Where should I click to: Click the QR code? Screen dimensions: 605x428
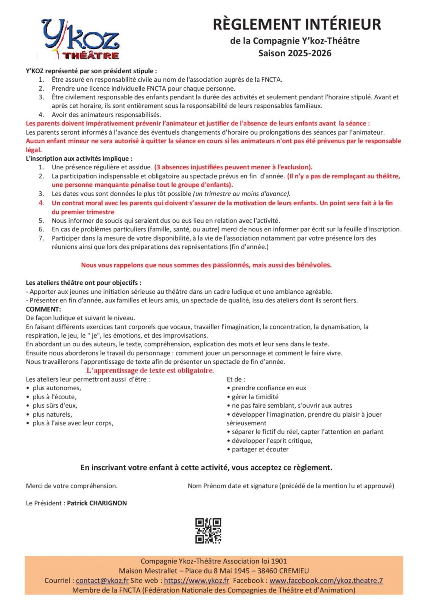[x=208, y=531]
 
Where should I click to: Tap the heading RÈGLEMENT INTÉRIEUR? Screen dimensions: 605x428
[x=297, y=24]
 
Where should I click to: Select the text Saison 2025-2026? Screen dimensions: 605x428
[x=295, y=53]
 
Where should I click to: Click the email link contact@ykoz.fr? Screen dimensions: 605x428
[x=102, y=580]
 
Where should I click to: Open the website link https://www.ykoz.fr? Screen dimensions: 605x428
[x=196, y=580]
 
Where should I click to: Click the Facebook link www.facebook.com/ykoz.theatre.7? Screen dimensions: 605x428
[x=326, y=580]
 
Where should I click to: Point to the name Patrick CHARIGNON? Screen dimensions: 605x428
[x=97, y=503]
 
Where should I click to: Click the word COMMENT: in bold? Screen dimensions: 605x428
[x=43, y=309]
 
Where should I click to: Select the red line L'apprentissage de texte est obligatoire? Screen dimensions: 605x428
[x=150, y=371]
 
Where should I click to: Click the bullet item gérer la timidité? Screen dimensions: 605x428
[x=255, y=397]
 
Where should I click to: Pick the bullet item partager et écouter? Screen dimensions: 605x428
[x=260, y=449]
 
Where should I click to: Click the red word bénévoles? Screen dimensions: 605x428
[x=314, y=265]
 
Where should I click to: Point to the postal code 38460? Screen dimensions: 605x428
[x=268, y=571]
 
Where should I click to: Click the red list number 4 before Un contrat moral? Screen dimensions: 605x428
[x=42, y=203]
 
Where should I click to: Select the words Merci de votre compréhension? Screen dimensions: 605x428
[x=72, y=486]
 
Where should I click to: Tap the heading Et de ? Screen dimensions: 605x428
[x=236, y=379]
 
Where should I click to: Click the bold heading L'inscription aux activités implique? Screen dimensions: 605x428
[x=79, y=158]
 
